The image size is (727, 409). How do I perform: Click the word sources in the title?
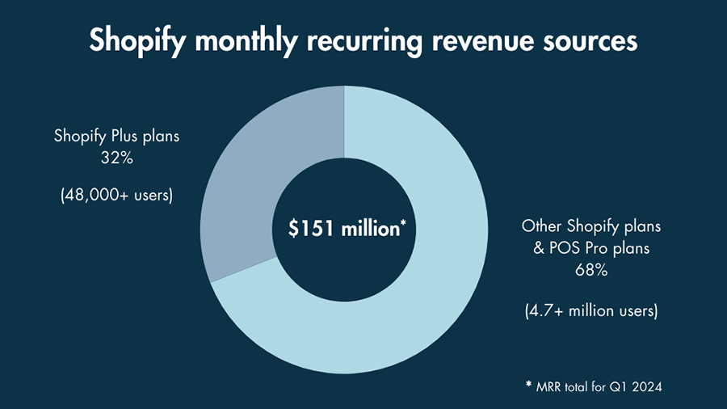pyautogui.click(x=588, y=41)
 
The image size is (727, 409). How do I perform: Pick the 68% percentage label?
pyautogui.click(x=591, y=271)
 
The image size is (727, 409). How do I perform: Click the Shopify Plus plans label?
pyautogui.click(x=117, y=136)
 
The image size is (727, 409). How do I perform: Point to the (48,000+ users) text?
pyautogui.click(x=117, y=196)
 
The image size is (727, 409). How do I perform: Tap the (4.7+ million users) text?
pyautogui.click(x=590, y=310)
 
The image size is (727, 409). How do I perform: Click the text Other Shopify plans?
pyautogui.click(x=590, y=226)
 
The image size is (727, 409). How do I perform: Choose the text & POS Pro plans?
pyautogui.click(x=590, y=248)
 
